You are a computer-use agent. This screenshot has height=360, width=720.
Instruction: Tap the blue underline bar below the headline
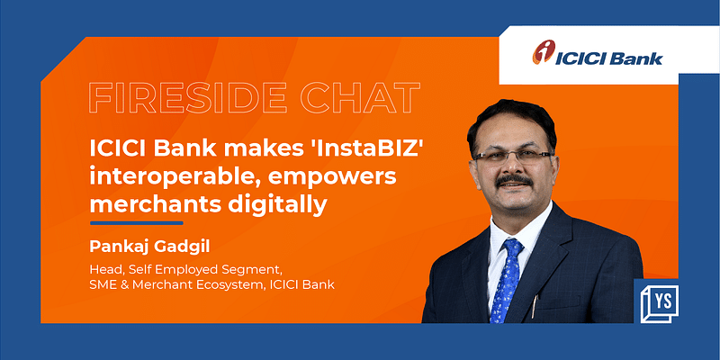136,221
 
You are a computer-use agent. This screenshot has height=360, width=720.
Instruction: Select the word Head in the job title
105,268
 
